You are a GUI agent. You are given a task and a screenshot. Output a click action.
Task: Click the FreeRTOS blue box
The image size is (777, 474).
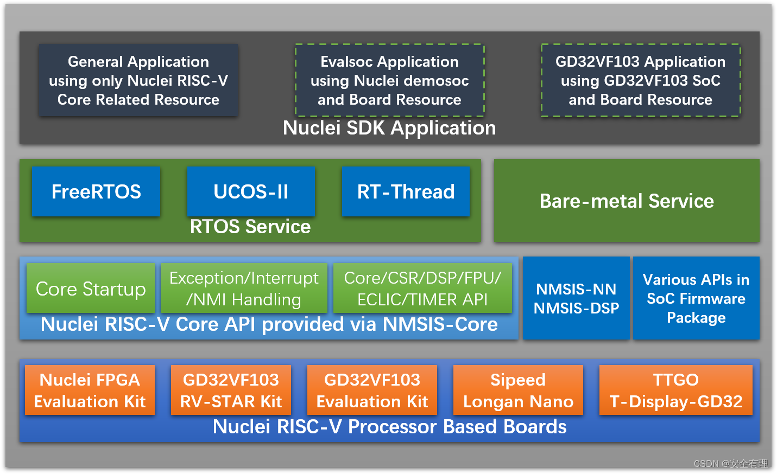[96, 191]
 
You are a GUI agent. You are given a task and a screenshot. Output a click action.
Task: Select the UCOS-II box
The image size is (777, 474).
[251, 191]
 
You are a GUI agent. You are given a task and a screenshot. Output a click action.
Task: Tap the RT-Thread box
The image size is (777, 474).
[406, 191]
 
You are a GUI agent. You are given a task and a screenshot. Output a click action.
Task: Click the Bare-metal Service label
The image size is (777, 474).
[627, 201]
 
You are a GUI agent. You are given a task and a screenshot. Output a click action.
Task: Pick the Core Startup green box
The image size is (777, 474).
[91, 289]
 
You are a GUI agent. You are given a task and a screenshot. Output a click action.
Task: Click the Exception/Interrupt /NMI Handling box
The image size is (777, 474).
[244, 289]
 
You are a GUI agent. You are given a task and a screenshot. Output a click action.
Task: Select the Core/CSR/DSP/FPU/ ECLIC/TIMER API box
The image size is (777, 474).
[422, 289]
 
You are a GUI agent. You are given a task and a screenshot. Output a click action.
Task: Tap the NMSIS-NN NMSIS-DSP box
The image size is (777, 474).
[576, 298]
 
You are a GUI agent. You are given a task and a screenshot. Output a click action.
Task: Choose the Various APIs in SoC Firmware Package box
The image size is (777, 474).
[696, 298]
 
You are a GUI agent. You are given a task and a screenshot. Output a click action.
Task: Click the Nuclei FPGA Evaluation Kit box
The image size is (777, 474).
[90, 390]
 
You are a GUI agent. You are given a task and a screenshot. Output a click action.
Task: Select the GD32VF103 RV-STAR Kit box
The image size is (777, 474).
[231, 390]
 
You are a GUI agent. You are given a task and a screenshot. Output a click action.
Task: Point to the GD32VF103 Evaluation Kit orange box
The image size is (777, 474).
[372, 390]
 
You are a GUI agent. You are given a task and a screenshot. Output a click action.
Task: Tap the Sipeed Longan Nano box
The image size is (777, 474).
[518, 390]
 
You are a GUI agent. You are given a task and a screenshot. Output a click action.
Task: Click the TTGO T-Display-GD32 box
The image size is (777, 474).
[676, 390]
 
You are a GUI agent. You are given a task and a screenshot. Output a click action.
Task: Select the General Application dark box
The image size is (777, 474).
[138, 80]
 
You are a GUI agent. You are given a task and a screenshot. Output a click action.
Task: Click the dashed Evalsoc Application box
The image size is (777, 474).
[389, 80]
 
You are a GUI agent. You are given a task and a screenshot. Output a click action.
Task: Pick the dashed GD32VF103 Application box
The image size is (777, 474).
[641, 80]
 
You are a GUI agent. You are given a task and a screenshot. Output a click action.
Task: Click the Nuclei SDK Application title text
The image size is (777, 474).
[389, 129]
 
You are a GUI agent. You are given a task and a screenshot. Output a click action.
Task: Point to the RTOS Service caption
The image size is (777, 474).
[250, 227]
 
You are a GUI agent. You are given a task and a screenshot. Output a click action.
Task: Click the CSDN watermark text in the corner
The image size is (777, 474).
[731, 463]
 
